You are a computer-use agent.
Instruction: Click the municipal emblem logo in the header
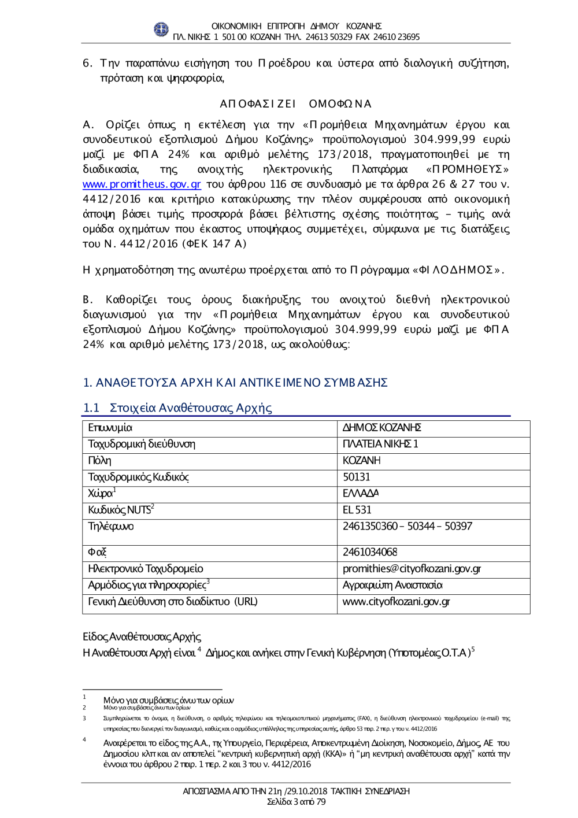point(161,29)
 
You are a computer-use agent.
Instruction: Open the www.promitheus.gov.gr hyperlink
point(142,184)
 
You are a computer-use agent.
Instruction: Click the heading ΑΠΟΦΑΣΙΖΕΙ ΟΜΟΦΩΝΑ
point(295,104)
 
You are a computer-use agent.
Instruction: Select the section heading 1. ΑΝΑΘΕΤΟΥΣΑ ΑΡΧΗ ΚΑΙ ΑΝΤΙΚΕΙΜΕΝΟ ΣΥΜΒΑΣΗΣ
point(235,383)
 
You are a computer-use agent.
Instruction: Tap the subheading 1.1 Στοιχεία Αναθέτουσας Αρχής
point(177,408)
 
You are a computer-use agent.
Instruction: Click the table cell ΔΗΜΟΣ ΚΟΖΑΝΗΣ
point(382,428)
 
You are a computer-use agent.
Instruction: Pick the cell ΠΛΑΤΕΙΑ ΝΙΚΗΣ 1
point(380,444)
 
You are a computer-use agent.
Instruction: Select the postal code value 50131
point(356,477)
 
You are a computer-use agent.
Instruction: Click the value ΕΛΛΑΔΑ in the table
point(361,494)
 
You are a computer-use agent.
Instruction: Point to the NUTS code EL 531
point(357,510)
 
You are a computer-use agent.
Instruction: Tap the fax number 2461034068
point(370,552)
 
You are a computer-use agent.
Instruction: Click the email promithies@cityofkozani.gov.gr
point(412,569)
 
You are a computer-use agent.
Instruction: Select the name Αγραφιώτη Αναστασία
point(392,585)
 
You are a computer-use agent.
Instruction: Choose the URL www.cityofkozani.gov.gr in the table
point(396,602)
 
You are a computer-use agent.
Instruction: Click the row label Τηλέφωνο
point(110,527)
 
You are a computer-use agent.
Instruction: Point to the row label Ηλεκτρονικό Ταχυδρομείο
point(145,569)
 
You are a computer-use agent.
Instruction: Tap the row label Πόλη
point(99,461)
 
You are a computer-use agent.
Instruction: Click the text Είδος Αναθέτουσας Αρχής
point(142,636)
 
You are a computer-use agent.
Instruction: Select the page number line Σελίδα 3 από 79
point(296,802)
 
